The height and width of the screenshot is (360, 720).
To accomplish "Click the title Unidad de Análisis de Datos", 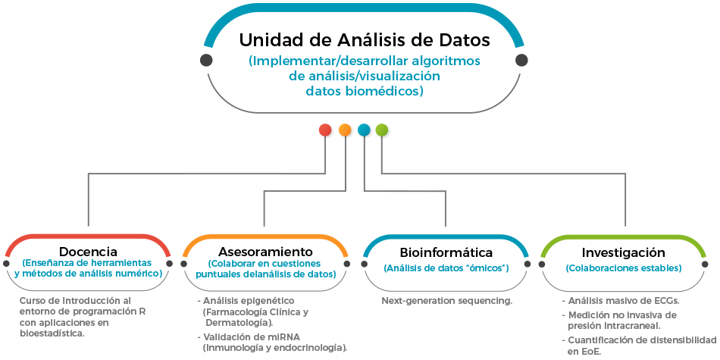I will [365, 39].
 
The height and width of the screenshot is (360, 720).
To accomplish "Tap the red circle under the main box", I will [326, 130].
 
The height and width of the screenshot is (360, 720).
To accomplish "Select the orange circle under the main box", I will [345, 130].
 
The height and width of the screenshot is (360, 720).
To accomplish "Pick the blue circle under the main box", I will [364, 130].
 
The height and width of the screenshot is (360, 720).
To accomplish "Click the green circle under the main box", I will [382, 130].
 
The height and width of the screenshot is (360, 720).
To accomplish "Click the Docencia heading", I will [88, 252].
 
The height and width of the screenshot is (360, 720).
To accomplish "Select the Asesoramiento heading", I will [265, 252].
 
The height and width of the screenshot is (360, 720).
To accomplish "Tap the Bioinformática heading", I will [446, 252].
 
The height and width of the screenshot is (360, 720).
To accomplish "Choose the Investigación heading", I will [623, 252].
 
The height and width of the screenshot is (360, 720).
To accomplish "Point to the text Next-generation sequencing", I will [446, 301].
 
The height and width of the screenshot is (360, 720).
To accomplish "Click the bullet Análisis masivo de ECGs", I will [623, 301].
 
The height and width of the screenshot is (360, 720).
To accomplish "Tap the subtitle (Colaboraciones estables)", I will [623, 268].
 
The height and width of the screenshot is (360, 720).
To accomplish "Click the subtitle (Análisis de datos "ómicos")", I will [446, 268].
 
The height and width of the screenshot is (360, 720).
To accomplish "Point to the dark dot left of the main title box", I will [206, 60].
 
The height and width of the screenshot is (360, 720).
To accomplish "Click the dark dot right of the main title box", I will [521, 60].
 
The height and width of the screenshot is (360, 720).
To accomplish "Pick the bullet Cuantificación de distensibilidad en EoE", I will [640, 345].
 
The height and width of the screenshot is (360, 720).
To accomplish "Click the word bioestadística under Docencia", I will [52, 333].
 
